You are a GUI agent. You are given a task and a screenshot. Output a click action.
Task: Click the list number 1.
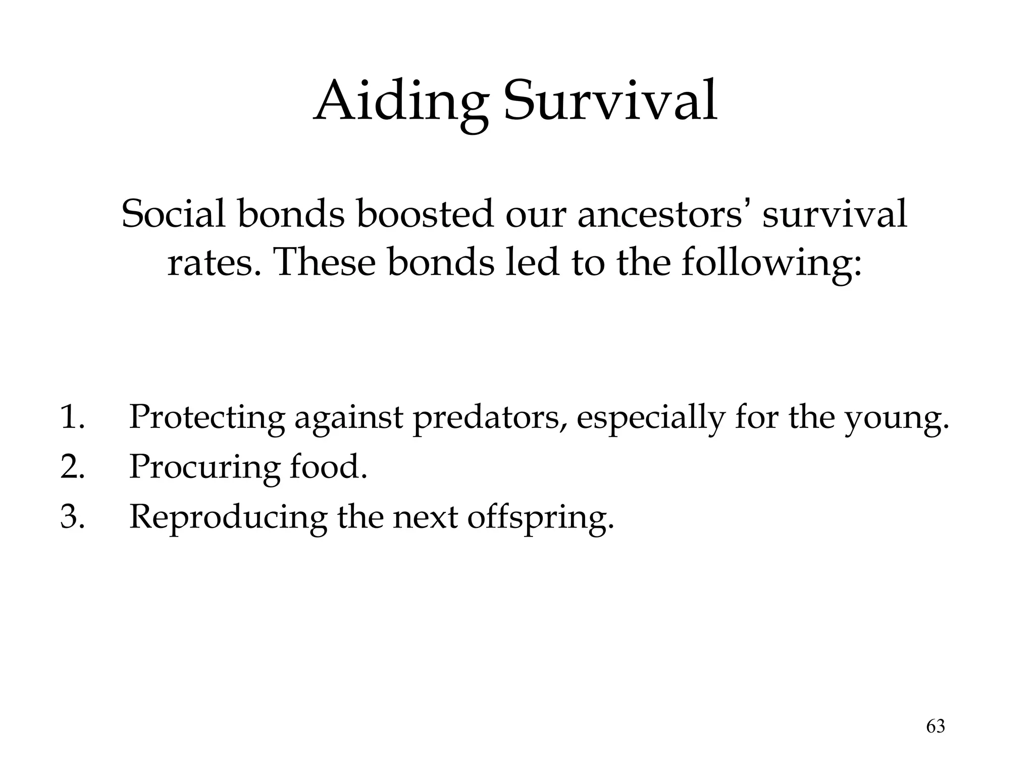(x=72, y=417)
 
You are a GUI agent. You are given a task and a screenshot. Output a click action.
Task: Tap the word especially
(x=651, y=418)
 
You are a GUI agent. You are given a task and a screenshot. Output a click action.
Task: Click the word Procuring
(x=204, y=467)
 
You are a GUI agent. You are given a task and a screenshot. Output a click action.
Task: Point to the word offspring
(x=540, y=517)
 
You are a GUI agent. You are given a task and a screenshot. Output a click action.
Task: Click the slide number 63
(x=935, y=726)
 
